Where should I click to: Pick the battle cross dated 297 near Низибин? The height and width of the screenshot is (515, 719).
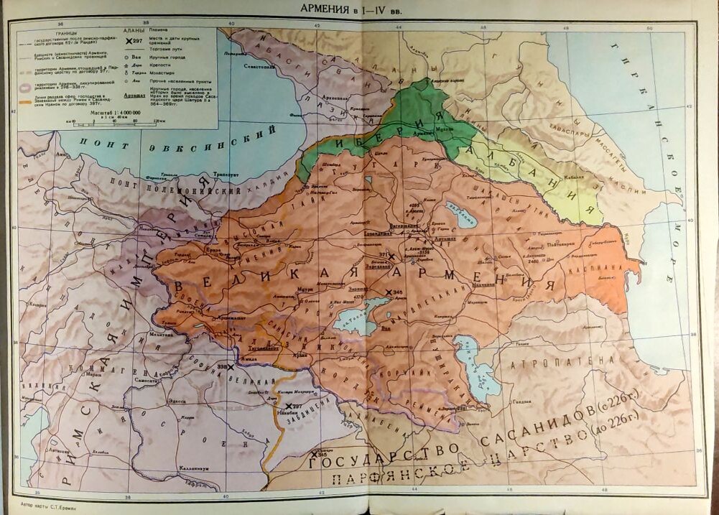(x=289, y=406)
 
